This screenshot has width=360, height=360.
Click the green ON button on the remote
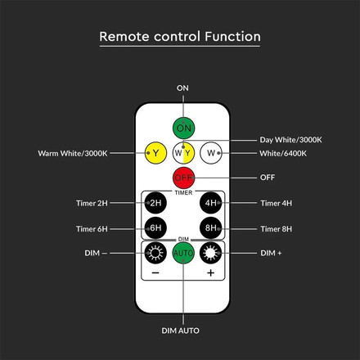coord(184,128)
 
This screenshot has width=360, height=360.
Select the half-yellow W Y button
coord(184,152)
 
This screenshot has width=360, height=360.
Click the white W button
coord(213,152)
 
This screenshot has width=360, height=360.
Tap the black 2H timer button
coord(155,203)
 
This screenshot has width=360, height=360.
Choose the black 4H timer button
coord(211,203)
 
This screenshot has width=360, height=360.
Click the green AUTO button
coord(184,254)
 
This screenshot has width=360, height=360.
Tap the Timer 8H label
coord(275,230)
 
